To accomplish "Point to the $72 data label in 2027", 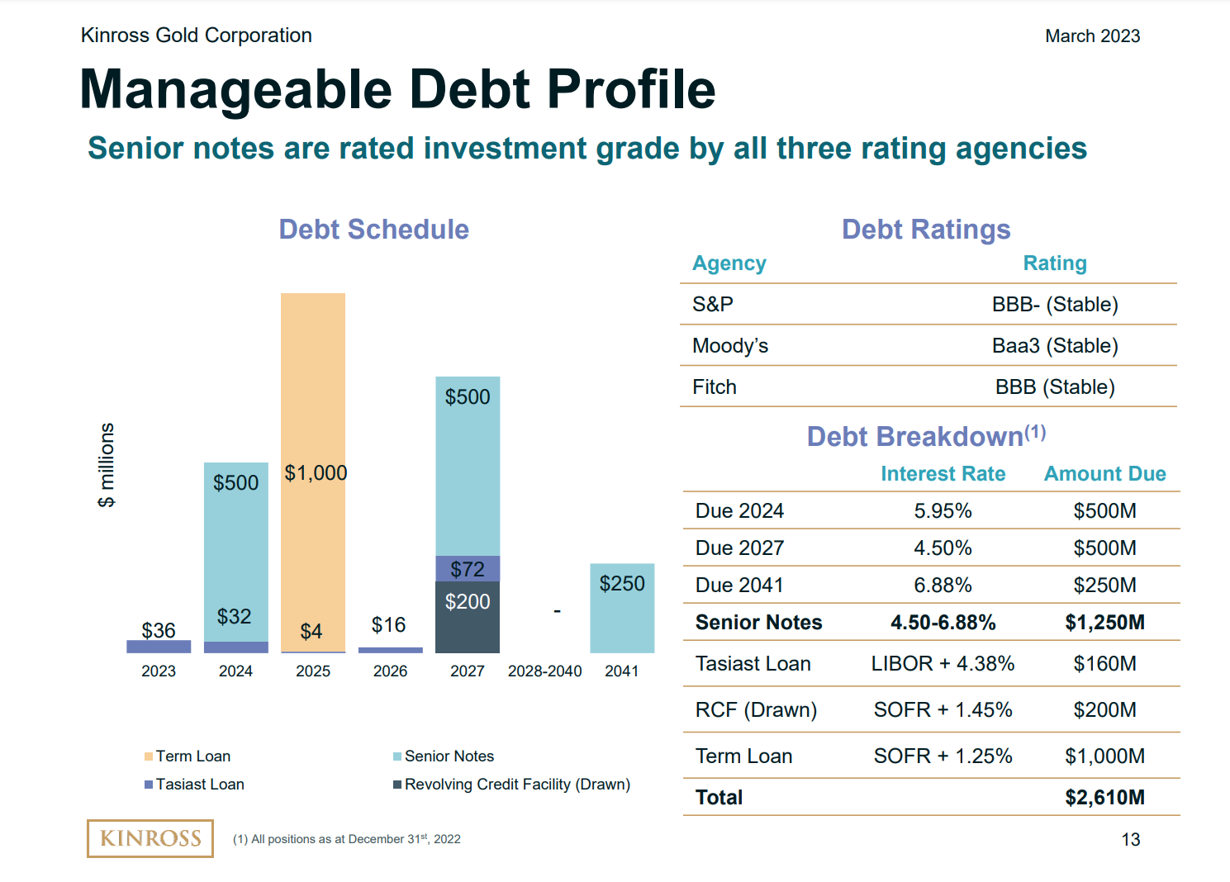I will (468, 569).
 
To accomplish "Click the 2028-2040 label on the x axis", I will (545, 671).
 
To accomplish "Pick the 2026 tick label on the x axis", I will (390, 671).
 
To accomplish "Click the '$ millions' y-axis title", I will (107, 465).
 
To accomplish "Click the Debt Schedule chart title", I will (373, 230).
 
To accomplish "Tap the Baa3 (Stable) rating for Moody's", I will (1055, 346).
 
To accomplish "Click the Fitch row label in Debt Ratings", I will (715, 387).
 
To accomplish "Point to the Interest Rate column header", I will (943, 474).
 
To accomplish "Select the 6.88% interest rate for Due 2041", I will (943, 586).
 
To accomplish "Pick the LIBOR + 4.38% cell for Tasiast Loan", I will (943, 664).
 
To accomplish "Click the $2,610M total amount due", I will (1104, 798).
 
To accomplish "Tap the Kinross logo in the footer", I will (150, 838).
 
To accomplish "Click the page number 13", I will (1131, 840).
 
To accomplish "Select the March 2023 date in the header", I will (1092, 36).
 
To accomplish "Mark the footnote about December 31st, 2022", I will (347, 839).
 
